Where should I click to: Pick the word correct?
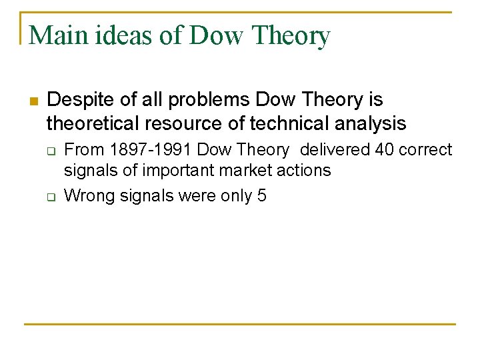pos(427,150)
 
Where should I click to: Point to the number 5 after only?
pos(261,196)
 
